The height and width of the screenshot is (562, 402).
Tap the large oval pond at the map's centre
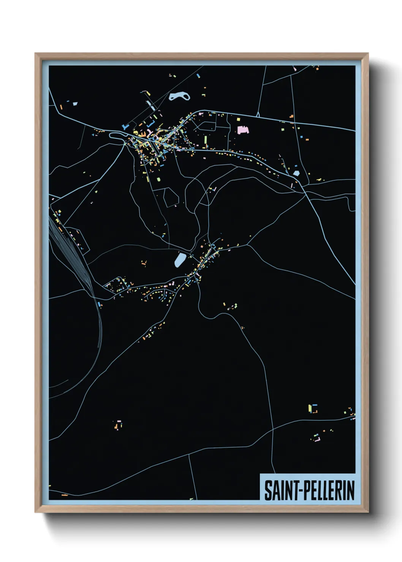point(180,260)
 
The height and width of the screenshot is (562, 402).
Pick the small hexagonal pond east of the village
point(296,173)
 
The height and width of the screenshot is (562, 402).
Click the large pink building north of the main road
point(242,130)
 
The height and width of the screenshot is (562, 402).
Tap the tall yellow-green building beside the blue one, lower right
point(310,408)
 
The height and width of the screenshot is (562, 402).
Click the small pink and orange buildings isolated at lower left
point(119,425)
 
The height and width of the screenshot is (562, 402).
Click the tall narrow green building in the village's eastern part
point(206,141)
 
